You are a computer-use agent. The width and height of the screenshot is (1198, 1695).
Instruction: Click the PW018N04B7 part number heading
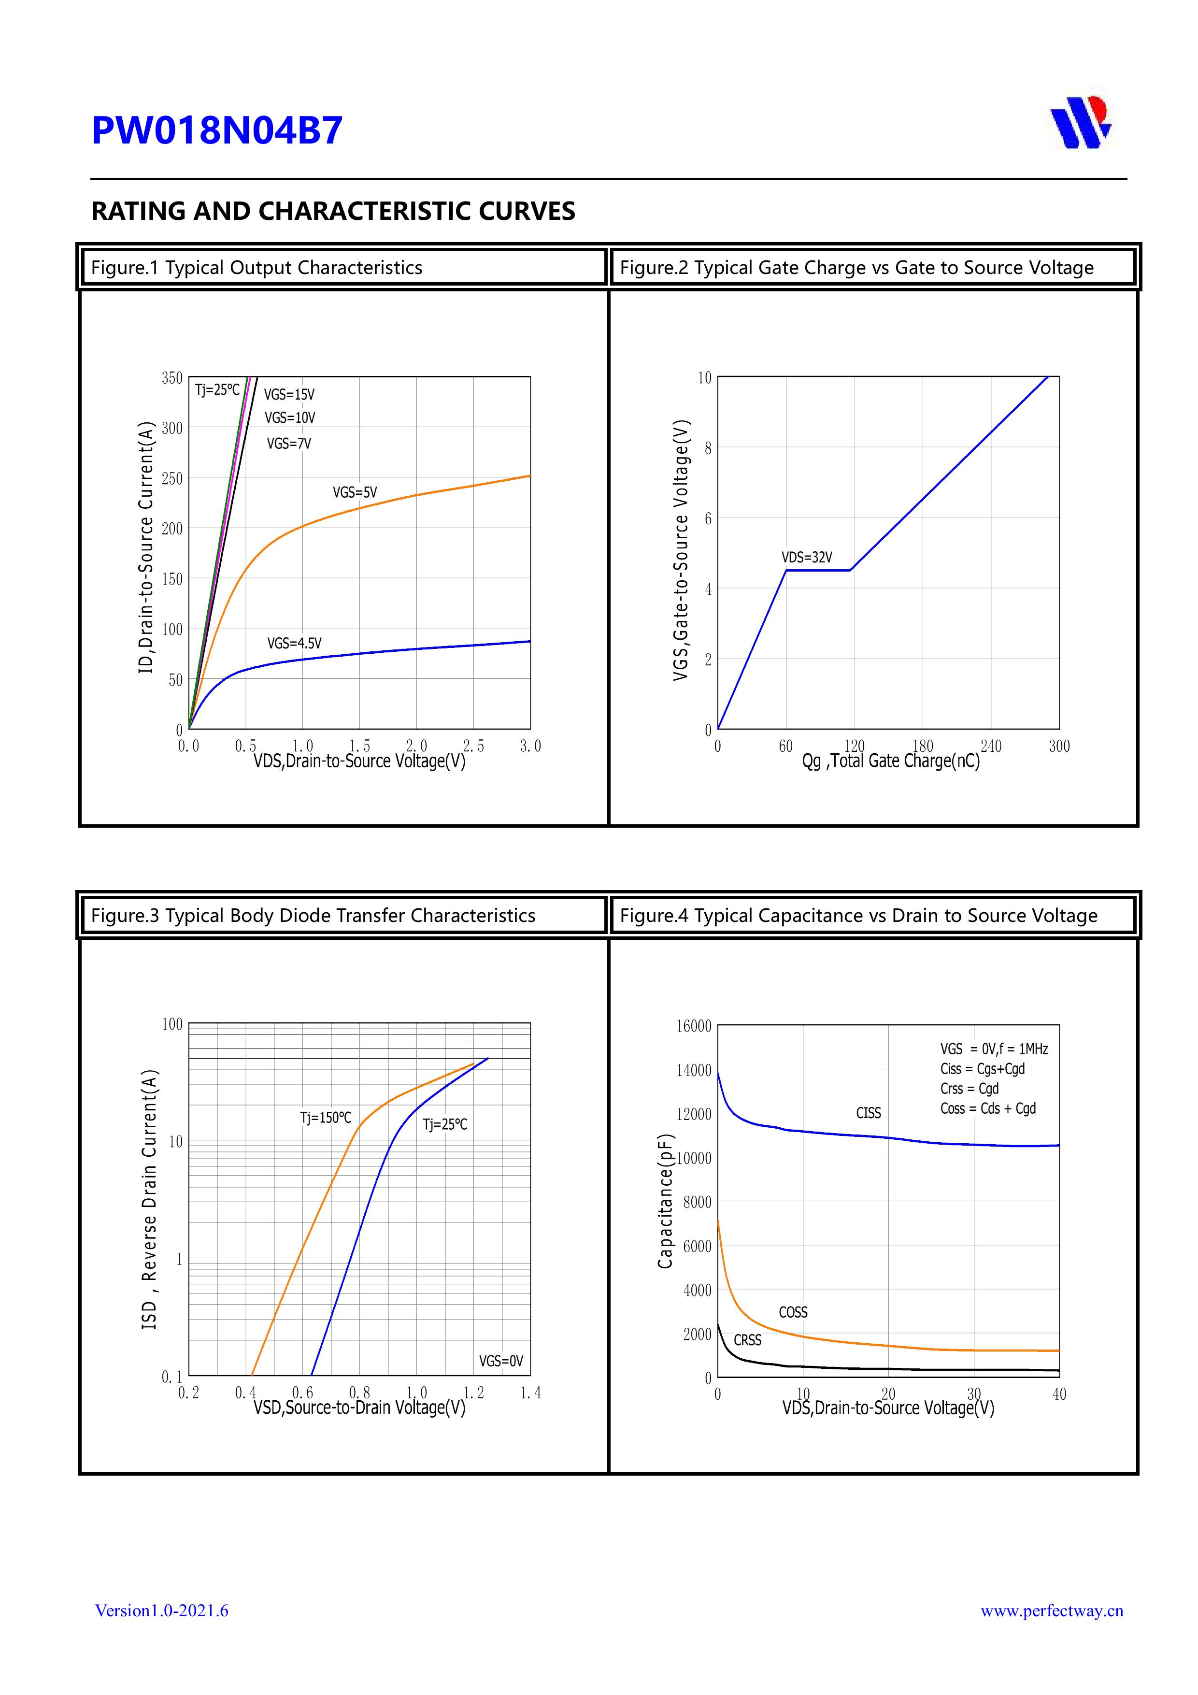coord(217,130)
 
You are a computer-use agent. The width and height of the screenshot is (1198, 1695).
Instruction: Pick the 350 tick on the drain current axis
coord(172,378)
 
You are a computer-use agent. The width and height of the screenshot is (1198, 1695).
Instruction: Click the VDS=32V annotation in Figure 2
coord(807,558)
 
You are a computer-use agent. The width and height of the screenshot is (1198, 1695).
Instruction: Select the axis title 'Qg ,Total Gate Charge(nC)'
coord(890,761)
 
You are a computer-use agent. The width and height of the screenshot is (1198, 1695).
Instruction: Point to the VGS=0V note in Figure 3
coord(500,1361)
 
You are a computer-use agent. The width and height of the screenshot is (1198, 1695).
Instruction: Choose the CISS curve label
coord(868,1113)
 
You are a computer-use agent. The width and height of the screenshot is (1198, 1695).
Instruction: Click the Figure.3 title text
coord(313,916)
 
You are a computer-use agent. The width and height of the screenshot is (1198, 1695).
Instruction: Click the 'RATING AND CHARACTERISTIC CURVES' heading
coord(333,211)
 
